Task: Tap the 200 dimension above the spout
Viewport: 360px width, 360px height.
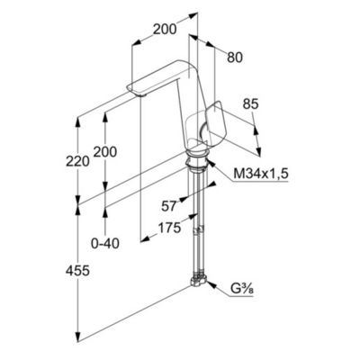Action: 164,30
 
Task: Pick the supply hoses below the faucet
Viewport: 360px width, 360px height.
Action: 194,225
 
